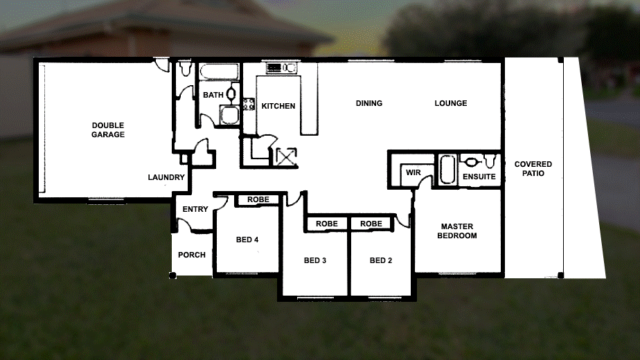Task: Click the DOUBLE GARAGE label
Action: (x=108, y=130)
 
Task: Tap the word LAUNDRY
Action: (x=166, y=178)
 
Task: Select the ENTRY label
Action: (x=195, y=210)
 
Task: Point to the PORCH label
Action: (x=192, y=255)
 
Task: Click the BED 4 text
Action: (x=247, y=240)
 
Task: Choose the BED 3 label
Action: (x=315, y=261)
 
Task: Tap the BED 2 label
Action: (x=381, y=261)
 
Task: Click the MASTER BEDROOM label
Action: (x=458, y=231)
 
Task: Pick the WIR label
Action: (x=414, y=172)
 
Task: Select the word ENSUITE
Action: (x=479, y=177)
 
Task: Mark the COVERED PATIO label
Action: (x=533, y=169)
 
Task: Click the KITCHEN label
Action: (x=278, y=107)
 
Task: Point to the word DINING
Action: (x=369, y=104)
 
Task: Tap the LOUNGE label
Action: (x=451, y=104)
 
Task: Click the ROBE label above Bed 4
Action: (x=258, y=200)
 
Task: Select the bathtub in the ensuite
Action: (x=447, y=169)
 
